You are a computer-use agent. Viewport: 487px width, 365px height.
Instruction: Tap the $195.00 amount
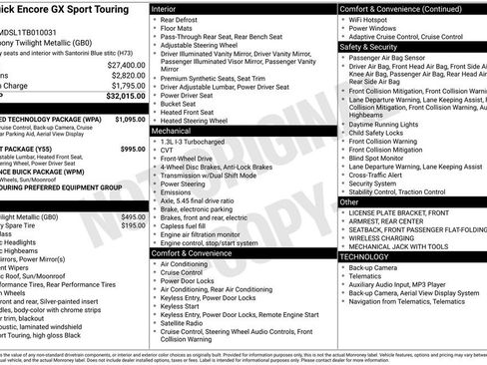(x=133, y=226)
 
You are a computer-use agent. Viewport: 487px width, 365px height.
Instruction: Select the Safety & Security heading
(x=368, y=46)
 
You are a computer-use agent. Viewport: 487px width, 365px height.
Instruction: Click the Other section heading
(x=349, y=201)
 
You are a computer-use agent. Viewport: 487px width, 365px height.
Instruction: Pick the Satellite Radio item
(x=186, y=322)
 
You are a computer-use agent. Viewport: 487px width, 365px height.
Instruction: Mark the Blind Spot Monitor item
(x=377, y=157)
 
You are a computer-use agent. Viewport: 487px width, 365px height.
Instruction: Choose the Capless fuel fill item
(x=184, y=225)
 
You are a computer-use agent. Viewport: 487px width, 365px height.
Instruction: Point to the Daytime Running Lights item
(x=386, y=124)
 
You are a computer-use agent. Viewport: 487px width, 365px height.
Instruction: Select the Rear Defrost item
(x=179, y=20)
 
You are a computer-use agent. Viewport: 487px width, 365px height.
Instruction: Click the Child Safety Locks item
(x=377, y=133)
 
